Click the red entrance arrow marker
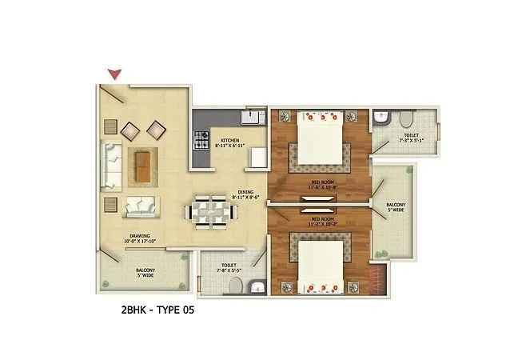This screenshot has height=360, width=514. (116, 74)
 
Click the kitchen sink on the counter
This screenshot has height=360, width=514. (253, 119)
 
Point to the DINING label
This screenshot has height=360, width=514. (245, 192)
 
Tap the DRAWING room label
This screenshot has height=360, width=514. (137, 234)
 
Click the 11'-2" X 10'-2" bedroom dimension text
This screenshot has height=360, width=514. (321, 224)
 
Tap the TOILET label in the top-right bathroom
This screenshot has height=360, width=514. (411, 135)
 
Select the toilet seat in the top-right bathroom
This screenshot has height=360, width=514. (405, 120)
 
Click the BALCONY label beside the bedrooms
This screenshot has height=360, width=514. (396, 205)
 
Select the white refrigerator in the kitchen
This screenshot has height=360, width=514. (257, 157)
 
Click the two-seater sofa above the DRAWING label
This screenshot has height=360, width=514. (141, 206)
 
